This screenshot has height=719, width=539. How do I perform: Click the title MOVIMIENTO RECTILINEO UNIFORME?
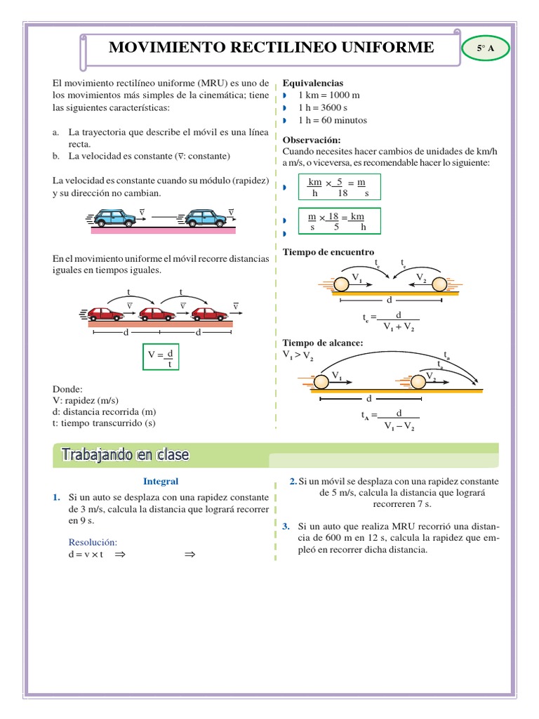click(x=271, y=47)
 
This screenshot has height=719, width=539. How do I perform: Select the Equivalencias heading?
click(x=312, y=83)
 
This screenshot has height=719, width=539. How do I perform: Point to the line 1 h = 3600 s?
click(x=323, y=107)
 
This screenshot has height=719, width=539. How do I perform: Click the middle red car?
click(x=157, y=314)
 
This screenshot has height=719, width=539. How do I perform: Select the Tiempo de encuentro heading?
click(x=328, y=252)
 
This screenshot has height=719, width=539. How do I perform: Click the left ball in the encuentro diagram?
click(x=341, y=284)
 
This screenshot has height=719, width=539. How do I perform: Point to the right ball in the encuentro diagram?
click(x=439, y=284)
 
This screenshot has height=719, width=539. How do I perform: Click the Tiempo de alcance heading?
click(x=322, y=342)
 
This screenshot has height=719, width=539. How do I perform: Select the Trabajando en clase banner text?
click(x=125, y=455)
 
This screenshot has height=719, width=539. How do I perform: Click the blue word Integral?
click(x=161, y=481)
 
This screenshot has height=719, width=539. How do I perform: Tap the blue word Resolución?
click(x=93, y=542)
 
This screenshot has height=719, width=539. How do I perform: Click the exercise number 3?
click(x=286, y=526)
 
